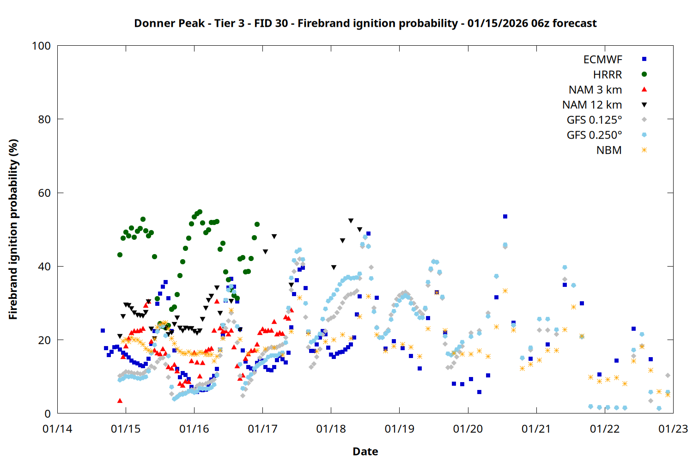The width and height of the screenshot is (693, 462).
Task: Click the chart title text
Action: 365,23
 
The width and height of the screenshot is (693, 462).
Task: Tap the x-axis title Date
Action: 365,451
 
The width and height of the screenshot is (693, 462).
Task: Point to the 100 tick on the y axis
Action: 41,46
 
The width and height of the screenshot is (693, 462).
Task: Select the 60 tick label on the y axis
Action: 44,193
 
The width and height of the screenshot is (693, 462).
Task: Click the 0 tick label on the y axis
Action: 47,413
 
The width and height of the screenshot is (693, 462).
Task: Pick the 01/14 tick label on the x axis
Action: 57,429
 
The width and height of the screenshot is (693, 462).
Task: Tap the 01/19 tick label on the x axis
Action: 399,429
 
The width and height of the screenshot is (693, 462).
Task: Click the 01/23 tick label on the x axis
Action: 673,429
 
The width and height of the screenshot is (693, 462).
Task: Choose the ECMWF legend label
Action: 602,60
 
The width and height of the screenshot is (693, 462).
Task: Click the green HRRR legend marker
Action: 644,74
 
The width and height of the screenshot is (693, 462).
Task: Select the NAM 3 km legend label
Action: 595,90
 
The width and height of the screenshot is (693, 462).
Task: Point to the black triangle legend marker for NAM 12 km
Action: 644,105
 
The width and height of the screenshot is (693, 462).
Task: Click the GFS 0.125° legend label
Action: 594,120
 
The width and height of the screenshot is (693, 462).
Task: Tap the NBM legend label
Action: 609,150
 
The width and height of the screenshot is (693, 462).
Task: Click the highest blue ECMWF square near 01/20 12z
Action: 505,216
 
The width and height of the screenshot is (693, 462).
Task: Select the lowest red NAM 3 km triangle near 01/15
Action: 120,401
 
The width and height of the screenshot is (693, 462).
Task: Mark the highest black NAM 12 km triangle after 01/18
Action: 351,221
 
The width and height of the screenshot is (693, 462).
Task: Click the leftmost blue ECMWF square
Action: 103,330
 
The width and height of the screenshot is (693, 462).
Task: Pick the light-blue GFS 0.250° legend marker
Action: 644,135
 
